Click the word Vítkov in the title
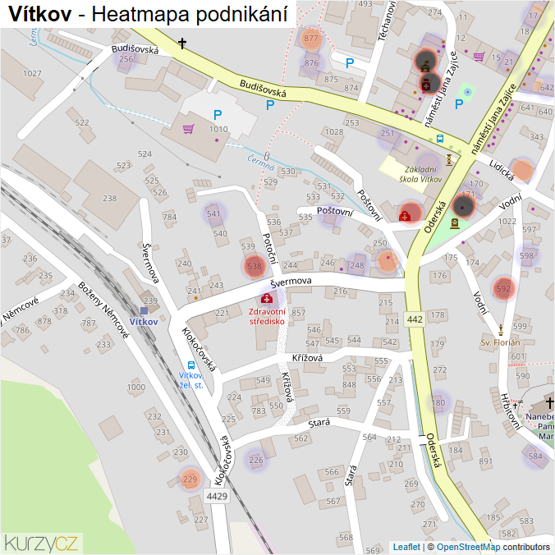[44, 14]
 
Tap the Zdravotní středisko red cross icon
[268, 299]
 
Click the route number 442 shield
[414, 319]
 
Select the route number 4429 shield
[217, 497]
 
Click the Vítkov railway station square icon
[144, 310]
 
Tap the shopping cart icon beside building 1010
[190, 129]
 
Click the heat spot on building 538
[255, 266]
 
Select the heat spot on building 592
[503, 288]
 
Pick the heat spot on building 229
[190, 479]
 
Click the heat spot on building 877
[310, 39]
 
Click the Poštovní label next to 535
[335, 212]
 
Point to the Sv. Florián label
[501, 342]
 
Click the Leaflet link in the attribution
[406, 547]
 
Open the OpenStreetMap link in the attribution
[468, 547]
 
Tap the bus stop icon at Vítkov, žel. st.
[191, 365]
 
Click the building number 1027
[32, 74]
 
